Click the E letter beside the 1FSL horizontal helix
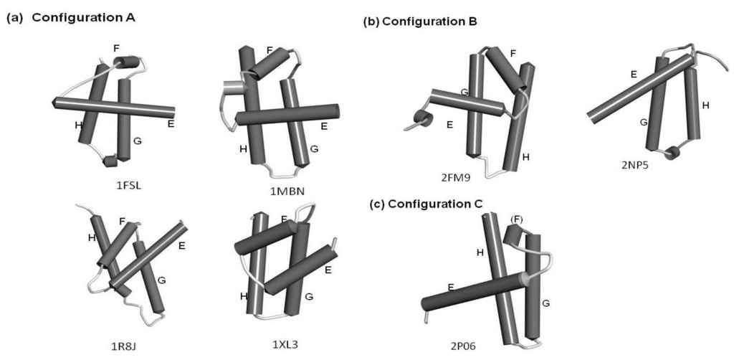171,123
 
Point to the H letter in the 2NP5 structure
705,105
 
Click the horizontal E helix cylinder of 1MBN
287,115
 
